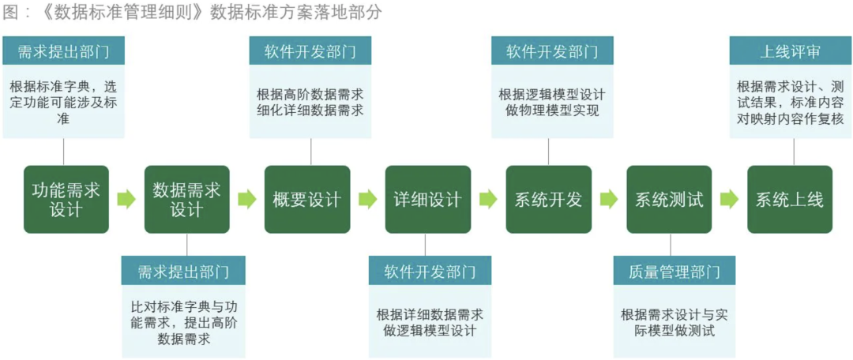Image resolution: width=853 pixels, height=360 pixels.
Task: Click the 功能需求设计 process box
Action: click(x=66, y=200)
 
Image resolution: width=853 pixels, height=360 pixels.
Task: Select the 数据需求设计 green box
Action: click(x=187, y=200)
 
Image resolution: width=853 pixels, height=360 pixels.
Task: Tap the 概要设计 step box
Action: click(x=307, y=200)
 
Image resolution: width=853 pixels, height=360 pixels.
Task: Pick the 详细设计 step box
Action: click(x=428, y=200)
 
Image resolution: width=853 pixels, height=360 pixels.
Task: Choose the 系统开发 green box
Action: click(x=548, y=200)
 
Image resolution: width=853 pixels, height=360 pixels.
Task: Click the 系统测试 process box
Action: click(x=669, y=200)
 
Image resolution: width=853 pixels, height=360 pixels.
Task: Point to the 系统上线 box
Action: click(x=790, y=200)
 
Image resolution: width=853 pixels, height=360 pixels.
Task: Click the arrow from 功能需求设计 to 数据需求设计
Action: click(x=126, y=200)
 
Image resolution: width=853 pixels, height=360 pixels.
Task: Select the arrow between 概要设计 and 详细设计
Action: click(x=368, y=200)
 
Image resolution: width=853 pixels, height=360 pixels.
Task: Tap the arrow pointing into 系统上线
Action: click(x=730, y=200)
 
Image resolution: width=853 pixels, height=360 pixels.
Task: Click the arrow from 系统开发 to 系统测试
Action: click(x=609, y=200)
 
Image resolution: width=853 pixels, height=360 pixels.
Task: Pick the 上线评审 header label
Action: click(x=791, y=51)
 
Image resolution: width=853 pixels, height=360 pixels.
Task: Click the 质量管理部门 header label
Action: click(x=675, y=271)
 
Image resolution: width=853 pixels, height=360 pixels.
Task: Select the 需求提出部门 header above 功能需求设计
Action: click(x=64, y=51)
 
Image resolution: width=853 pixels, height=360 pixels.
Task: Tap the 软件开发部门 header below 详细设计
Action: click(x=430, y=271)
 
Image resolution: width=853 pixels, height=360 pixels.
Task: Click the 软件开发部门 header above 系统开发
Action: click(x=552, y=51)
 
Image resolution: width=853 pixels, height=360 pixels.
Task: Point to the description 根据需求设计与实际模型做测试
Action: click(x=675, y=322)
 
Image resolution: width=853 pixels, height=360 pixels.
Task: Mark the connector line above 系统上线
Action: click(x=794, y=152)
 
